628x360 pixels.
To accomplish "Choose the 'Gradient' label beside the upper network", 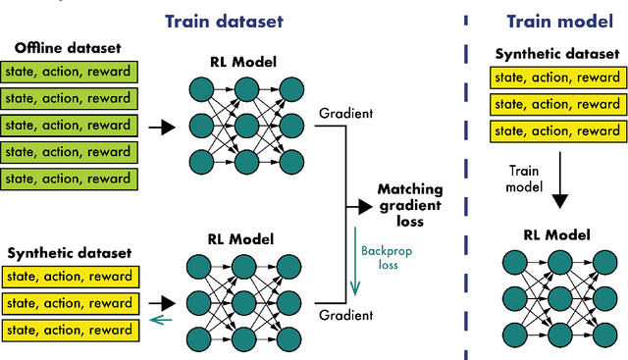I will point(345,114).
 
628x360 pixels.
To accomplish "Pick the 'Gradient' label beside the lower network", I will point(345,315).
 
